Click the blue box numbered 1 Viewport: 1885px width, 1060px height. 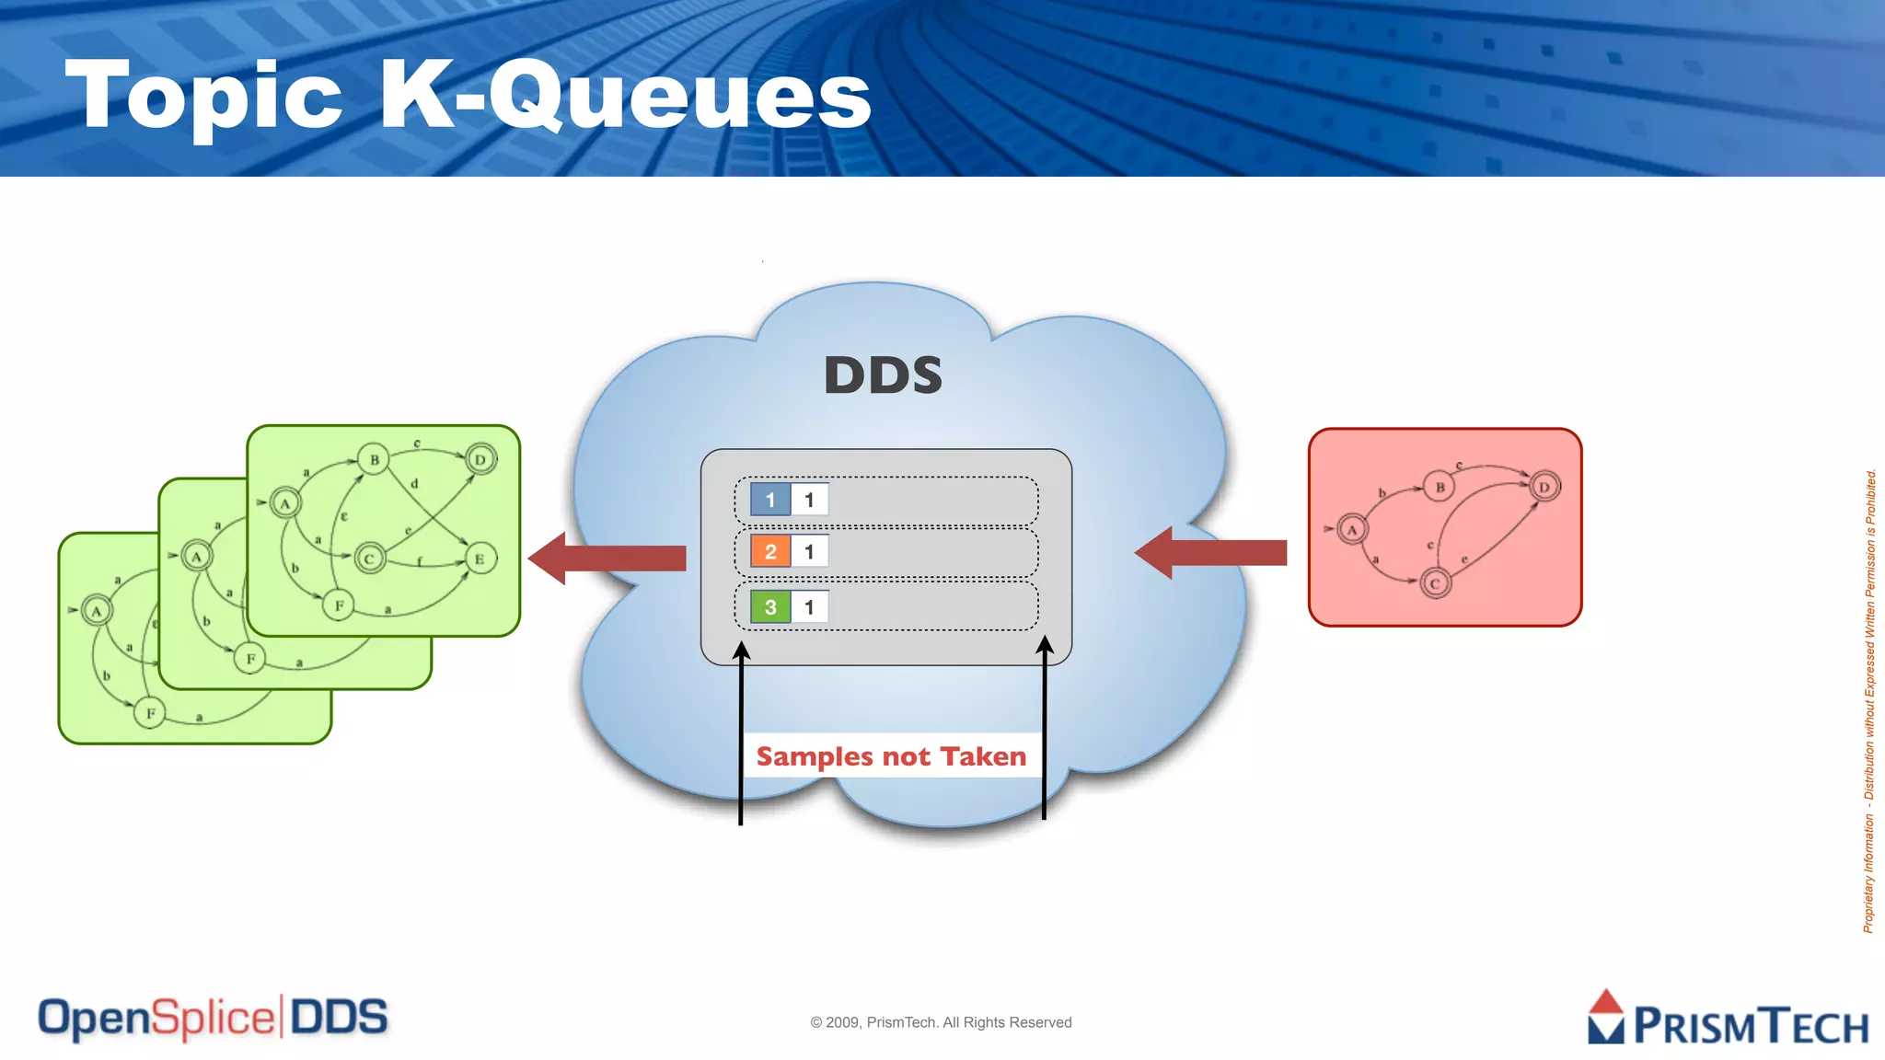coord(770,500)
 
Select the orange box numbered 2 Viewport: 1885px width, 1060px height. coord(770,552)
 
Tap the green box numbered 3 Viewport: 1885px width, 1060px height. coord(770,607)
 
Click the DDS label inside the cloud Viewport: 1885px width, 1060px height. coord(883,375)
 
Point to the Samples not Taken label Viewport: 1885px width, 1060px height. coord(891,756)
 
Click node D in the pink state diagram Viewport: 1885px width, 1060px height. coord(1544,487)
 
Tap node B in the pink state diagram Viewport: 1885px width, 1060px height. coord(1440,487)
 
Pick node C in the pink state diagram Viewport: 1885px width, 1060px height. coord(1435,583)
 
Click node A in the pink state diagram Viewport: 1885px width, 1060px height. coord(1352,529)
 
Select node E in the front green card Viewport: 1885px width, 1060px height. coord(480,559)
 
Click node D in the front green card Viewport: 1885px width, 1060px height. coord(480,459)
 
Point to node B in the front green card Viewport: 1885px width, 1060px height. coord(374,459)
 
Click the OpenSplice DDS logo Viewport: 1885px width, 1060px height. coord(213,1019)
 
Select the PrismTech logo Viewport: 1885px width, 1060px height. coord(1729,1020)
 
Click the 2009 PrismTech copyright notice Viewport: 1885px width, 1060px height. coord(941,1022)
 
